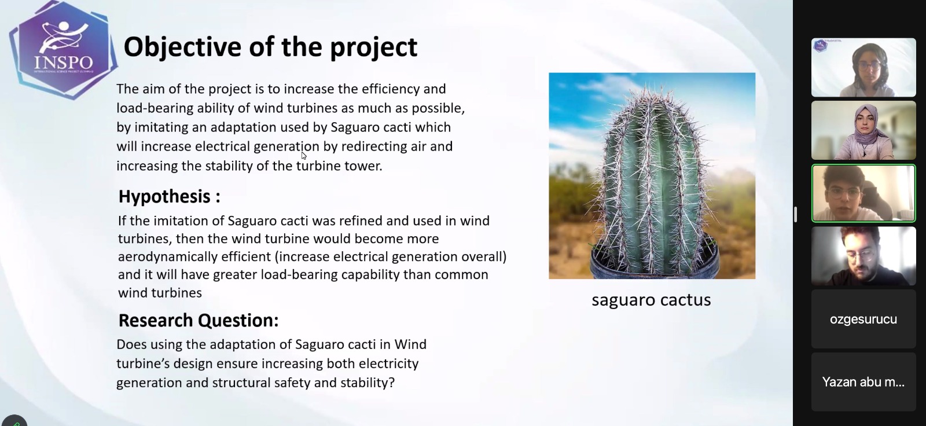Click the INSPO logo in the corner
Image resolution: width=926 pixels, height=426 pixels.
(63, 50)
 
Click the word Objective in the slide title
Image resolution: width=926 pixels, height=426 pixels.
(182, 47)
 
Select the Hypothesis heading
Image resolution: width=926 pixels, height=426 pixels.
(169, 196)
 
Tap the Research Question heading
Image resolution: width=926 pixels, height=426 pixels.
(199, 321)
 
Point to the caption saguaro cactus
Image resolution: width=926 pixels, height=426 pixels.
(651, 300)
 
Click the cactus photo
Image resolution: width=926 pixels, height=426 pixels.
(652, 176)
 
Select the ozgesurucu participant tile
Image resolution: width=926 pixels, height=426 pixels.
(863, 319)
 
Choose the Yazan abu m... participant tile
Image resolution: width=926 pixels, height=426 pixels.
(863, 382)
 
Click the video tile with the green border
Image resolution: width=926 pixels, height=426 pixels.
(863, 193)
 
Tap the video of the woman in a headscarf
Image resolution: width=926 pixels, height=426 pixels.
(863, 130)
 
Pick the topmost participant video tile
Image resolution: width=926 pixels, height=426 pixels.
(863, 67)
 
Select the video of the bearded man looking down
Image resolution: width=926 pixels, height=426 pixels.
(863, 256)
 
